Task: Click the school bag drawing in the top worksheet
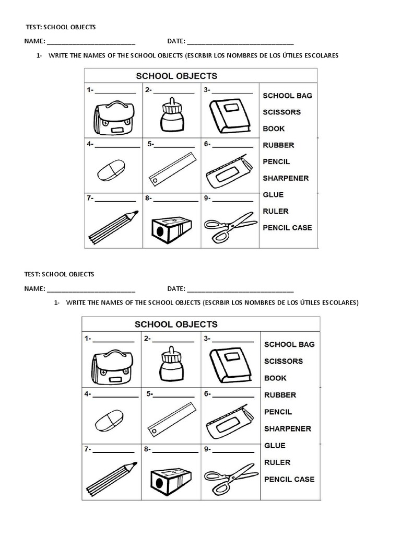tap(113, 119)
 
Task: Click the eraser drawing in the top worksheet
tap(111, 171)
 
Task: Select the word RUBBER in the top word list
tap(278, 145)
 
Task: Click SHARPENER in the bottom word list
tap(287, 429)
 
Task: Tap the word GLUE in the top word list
tap(273, 194)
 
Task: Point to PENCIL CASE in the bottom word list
tap(289, 479)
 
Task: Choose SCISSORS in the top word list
tap(281, 112)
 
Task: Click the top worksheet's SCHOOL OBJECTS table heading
tap(176, 76)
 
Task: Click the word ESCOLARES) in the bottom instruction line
tap(340, 303)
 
